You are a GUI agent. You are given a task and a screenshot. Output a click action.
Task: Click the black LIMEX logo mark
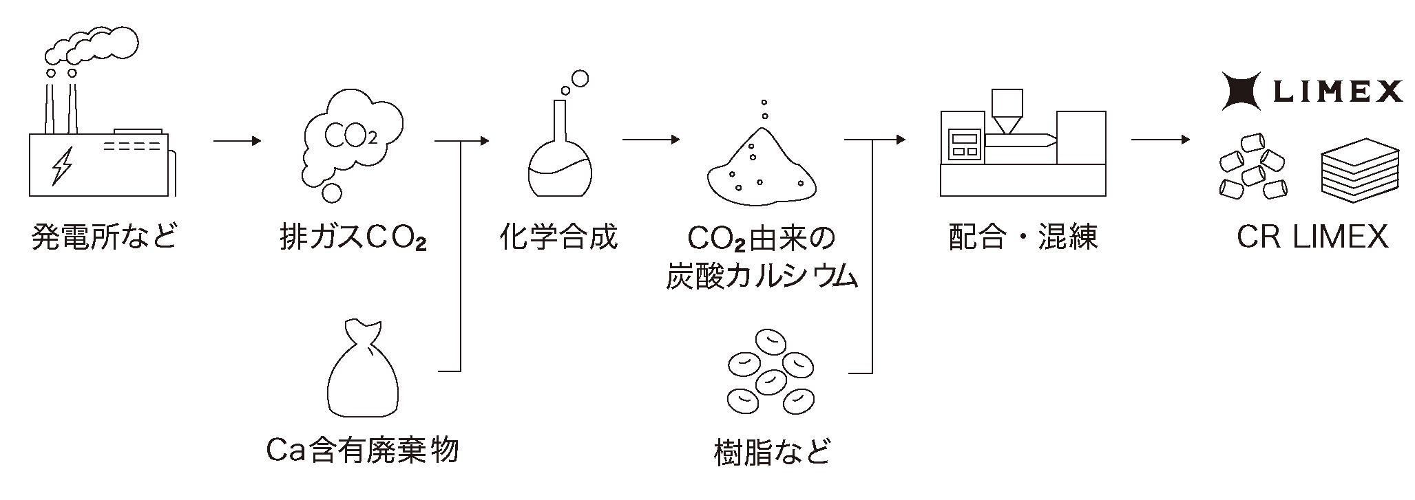click(1241, 91)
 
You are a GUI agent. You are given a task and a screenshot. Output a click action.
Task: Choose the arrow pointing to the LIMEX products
click(1160, 140)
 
